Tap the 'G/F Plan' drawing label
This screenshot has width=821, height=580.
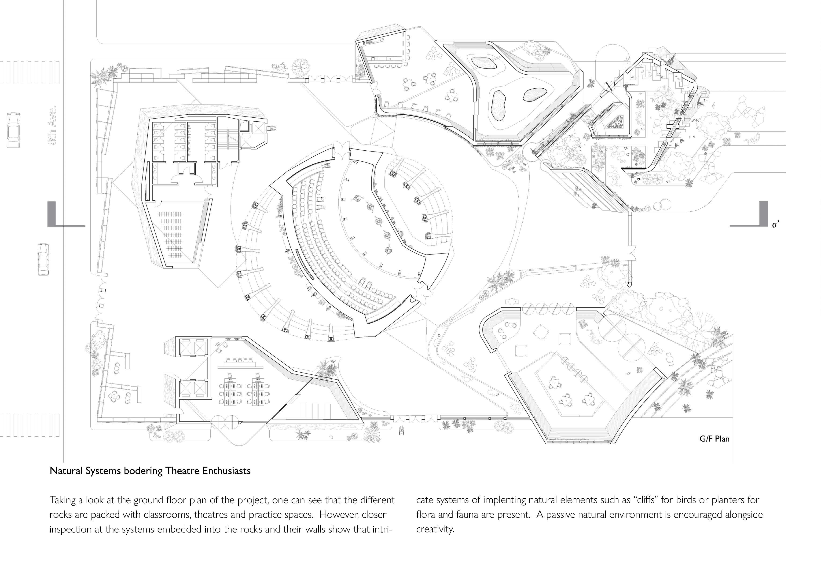(x=714, y=439)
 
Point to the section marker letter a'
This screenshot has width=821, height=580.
(x=775, y=225)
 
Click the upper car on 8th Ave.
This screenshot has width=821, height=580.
(x=13, y=130)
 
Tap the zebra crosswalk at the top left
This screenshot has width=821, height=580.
(x=30, y=72)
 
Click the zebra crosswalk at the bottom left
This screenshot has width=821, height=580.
(x=30, y=425)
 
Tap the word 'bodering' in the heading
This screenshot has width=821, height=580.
(x=143, y=471)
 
